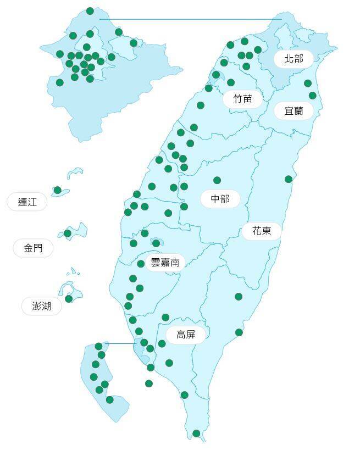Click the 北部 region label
(x=293, y=58)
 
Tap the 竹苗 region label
(x=242, y=99)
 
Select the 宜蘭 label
(x=293, y=111)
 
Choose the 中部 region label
(x=220, y=199)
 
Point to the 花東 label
(x=262, y=231)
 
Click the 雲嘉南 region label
(x=165, y=263)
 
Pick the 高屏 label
(x=186, y=334)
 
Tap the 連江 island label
(x=27, y=202)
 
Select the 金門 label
(x=33, y=248)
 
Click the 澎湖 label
(x=42, y=306)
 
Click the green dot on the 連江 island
(x=57, y=190)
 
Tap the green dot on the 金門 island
(x=68, y=233)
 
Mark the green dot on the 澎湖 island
(x=69, y=299)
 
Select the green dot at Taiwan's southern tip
(x=196, y=433)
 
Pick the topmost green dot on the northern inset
(x=90, y=11)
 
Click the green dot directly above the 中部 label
(x=217, y=180)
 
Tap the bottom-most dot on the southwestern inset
(x=109, y=399)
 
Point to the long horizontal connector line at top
(x=190, y=19)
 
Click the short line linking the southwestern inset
(x=120, y=344)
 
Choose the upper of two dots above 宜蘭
(x=308, y=84)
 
